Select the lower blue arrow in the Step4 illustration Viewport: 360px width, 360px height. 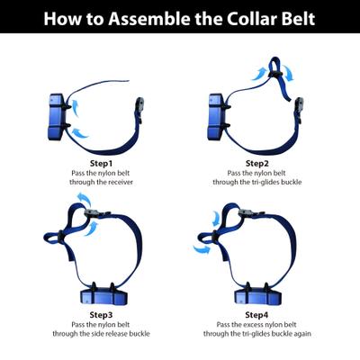coord(204,251)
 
